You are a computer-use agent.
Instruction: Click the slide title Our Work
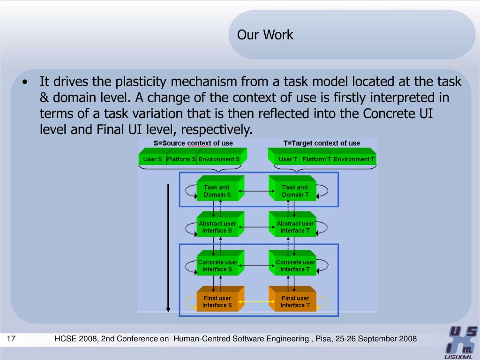(265, 35)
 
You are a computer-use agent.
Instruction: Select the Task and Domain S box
(217, 191)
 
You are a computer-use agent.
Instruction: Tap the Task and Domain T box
(295, 191)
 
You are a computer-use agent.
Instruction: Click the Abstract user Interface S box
(217, 227)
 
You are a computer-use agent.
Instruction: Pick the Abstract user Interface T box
(295, 227)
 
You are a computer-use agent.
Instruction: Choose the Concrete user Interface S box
(217, 266)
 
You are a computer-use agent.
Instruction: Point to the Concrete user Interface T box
(295, 266)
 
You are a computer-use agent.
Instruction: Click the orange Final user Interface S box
(217, 301)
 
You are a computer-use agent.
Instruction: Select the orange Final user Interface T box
(295, 301)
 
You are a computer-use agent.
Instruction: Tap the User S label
(152, 159)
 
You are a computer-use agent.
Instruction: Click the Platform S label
(181, 159)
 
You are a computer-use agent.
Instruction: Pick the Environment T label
(354, 159)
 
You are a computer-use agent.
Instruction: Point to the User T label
(288, 159)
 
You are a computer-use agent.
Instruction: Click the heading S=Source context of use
(193, 143)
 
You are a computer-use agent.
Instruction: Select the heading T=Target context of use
(322, 143)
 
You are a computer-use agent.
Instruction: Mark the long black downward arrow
(168, 248)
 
